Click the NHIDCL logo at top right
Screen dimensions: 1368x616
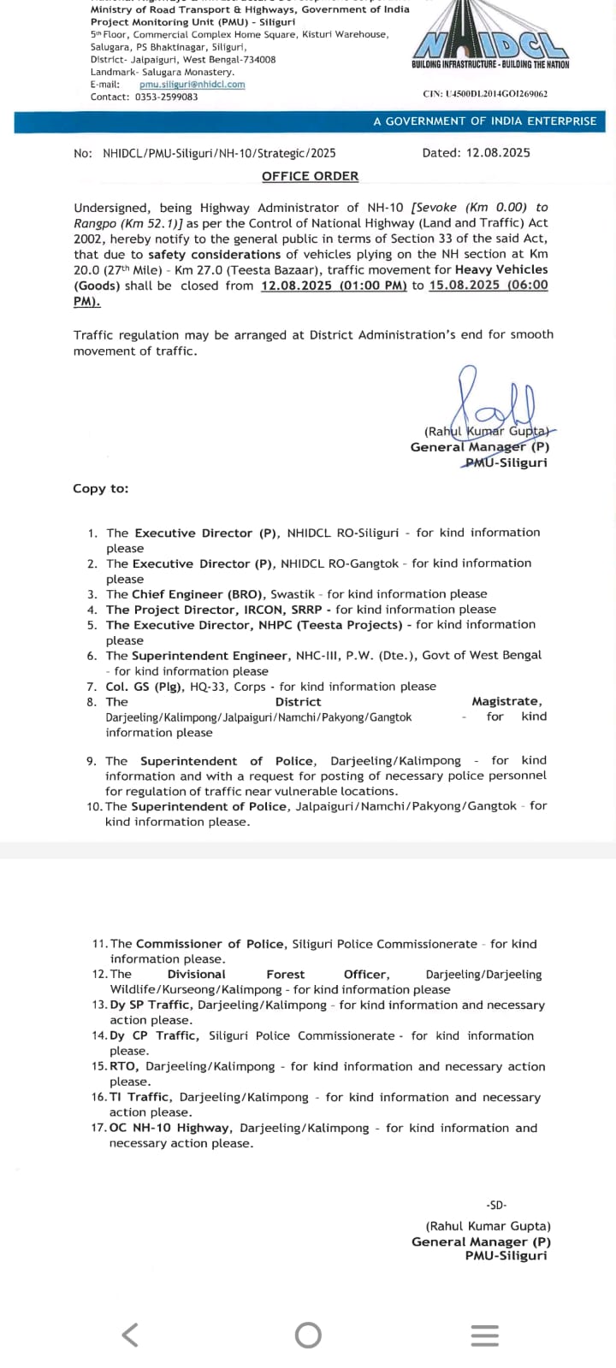[489, 43]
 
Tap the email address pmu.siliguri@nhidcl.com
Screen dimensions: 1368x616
[192, 85]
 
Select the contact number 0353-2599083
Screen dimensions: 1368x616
[167, 97]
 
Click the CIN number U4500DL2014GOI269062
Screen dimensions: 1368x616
[485, 94]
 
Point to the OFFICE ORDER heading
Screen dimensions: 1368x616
[310, 176]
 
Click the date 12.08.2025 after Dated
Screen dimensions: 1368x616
[498, 153]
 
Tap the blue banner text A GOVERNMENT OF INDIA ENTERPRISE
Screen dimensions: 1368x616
[484, 121]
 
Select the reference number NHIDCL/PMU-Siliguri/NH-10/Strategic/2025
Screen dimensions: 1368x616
[219, 153]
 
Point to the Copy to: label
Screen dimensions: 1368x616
[100, 488]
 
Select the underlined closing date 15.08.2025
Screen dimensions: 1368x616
[465, 286]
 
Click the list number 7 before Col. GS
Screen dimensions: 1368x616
[91, 687]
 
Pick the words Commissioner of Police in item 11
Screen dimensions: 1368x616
[210, 944]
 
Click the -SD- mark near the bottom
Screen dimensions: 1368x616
[496, 1205]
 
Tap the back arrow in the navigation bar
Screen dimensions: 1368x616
[130, 1334]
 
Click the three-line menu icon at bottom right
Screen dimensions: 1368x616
[484, 1335]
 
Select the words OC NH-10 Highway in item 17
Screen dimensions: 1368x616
[169, 1128]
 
